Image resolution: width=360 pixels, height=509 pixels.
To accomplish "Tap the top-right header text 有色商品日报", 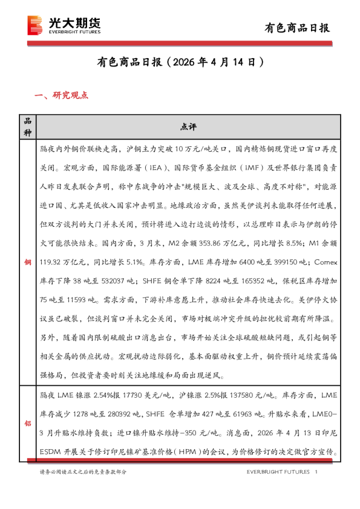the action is pos(298,28).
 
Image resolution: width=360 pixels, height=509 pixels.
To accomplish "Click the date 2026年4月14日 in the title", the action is pos(216,62).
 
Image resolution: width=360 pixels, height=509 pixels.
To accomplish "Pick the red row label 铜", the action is pos(27,265).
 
